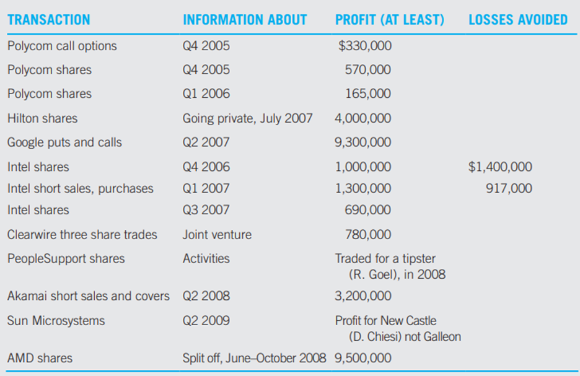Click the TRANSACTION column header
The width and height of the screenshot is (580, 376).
click(x=48, y=20)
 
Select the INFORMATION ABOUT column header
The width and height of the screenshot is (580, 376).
click(x=245, y=20)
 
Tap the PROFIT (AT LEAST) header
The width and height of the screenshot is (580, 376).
click(x=389, y=20)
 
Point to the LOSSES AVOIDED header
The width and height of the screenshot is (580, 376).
click(x=517, y=20)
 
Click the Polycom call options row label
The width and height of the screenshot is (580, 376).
click(x=62, y=46)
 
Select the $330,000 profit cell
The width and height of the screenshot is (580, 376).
click(x=365, y=46)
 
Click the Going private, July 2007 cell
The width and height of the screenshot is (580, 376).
click(x=248, y=118)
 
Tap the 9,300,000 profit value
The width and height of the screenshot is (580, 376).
click(x=363, y=142)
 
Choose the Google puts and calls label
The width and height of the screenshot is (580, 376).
click(x=64, y=142)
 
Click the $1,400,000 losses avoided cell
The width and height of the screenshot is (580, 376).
click(x=501, y=167)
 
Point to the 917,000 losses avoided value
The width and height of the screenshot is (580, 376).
click(x=509, y=188)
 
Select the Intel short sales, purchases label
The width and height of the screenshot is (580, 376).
click(x=81, y=188)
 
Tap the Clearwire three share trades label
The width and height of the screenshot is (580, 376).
click(x=82, y=235)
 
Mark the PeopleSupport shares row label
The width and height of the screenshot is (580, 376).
click(x=66, y=258)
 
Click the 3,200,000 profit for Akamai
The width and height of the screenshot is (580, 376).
click(x=363, y=296)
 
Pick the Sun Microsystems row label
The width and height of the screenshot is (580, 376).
click(x=56, y=321)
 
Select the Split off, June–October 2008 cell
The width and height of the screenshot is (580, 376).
click(x=256, y=358)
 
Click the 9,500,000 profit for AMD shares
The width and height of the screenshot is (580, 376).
click(x=363, y=358)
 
